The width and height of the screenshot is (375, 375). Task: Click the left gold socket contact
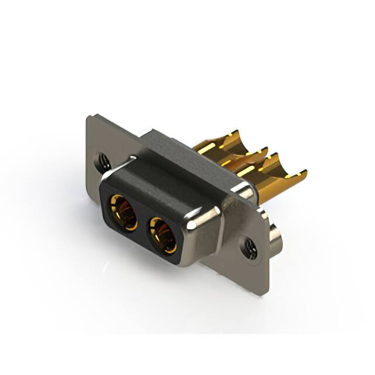[122, 212]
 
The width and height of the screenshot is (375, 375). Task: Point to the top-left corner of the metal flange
[89, 117]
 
